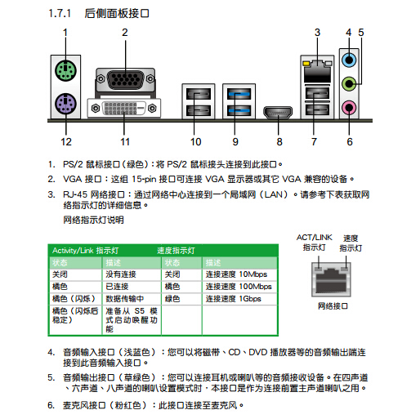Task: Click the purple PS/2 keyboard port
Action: click(x=65, y=105)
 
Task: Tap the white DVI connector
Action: click(x=125, y=109)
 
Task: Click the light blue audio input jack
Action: click(x=349, y=60)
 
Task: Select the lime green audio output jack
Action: click(x=349, y=82)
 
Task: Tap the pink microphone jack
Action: click(x=349, y=105)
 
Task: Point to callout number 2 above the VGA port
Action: click(x=125, y=33)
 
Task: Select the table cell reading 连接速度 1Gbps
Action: click(x=233, y=299)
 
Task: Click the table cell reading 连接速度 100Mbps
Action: click(x=238, y=287)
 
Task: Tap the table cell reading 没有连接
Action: click(x=121, y=274)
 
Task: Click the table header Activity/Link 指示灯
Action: click(x=86, y=250)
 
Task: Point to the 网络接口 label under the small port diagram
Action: click(x=332, y=305)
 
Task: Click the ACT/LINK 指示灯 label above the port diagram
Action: click(x=314, y=242)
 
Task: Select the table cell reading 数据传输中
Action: click(x=124, y=299)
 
